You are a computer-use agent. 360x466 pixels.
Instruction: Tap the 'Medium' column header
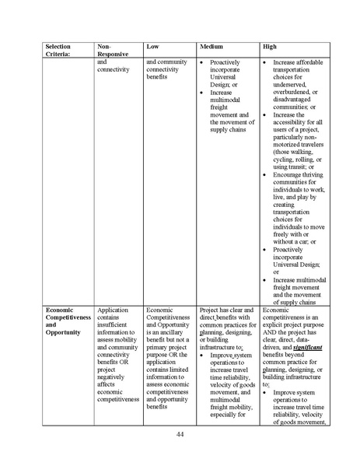(212, 46)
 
